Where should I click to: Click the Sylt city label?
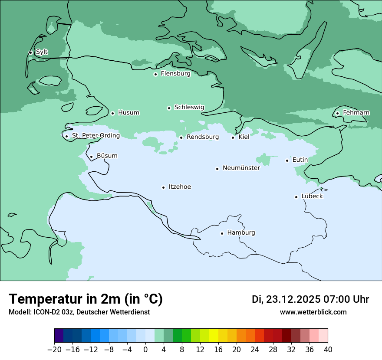click(42, 52)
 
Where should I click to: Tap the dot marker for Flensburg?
click(155, 74)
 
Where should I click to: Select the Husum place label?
click(128, 113)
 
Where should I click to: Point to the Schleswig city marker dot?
click(169, 108)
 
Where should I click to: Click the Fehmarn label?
click(356, 113)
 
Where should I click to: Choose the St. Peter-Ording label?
click(95, 136)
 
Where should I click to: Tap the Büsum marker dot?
click(91, 157)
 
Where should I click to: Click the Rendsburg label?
click(202, 137)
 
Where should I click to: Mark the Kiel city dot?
click(233, 137)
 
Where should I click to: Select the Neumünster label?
click(241, 168)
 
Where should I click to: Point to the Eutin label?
click(300, 160)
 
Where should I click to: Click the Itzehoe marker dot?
click(163, 187)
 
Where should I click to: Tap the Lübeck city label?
click(312, 196)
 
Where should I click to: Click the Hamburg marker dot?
click(222, 233)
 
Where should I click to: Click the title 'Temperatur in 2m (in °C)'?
click(86, 299)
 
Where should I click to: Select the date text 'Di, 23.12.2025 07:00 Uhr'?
click(310, 299)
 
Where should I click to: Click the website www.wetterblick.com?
click(313, 312)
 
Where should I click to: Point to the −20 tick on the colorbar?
click(55, 350)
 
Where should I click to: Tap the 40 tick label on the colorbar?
click(328, 350)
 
